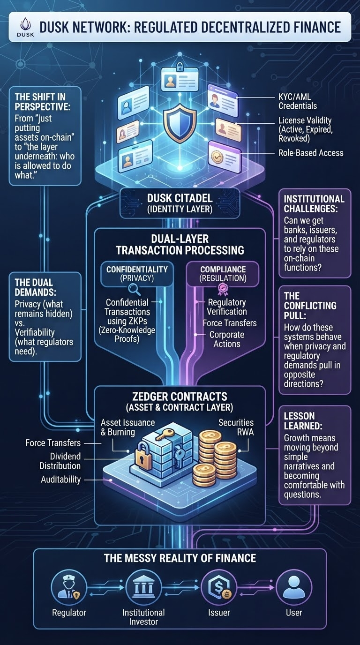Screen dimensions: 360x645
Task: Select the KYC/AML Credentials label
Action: coord(298,101)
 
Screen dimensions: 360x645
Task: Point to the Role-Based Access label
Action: coord(311,153)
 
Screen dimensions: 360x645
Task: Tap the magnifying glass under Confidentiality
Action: coord(135,290)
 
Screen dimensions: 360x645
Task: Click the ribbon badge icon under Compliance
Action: coord(223,289)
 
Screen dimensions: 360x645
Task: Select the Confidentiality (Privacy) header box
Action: coord(137,274)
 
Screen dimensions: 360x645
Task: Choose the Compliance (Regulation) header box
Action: coord(223,274)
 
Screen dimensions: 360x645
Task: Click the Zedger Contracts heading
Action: coord(180,397)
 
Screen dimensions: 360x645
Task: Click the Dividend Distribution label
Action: coord(60,461)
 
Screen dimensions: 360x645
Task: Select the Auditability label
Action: coord(60,480)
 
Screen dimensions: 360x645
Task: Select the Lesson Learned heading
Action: coord(303,420)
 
